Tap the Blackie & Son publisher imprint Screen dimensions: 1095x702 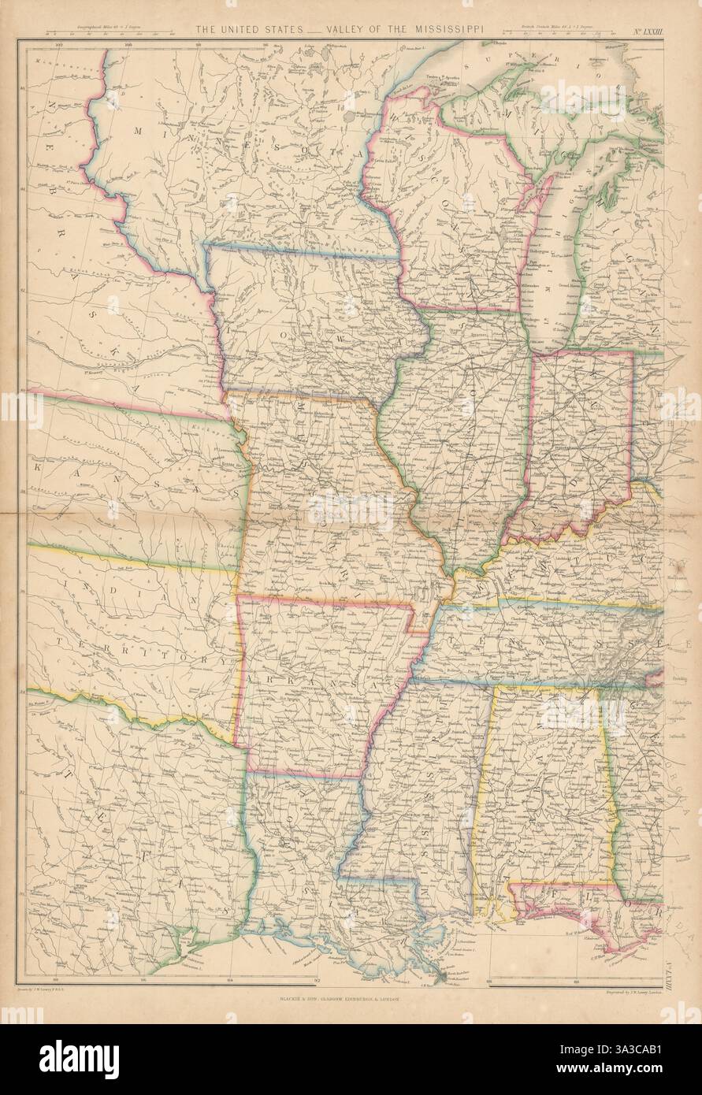point(340,998)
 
